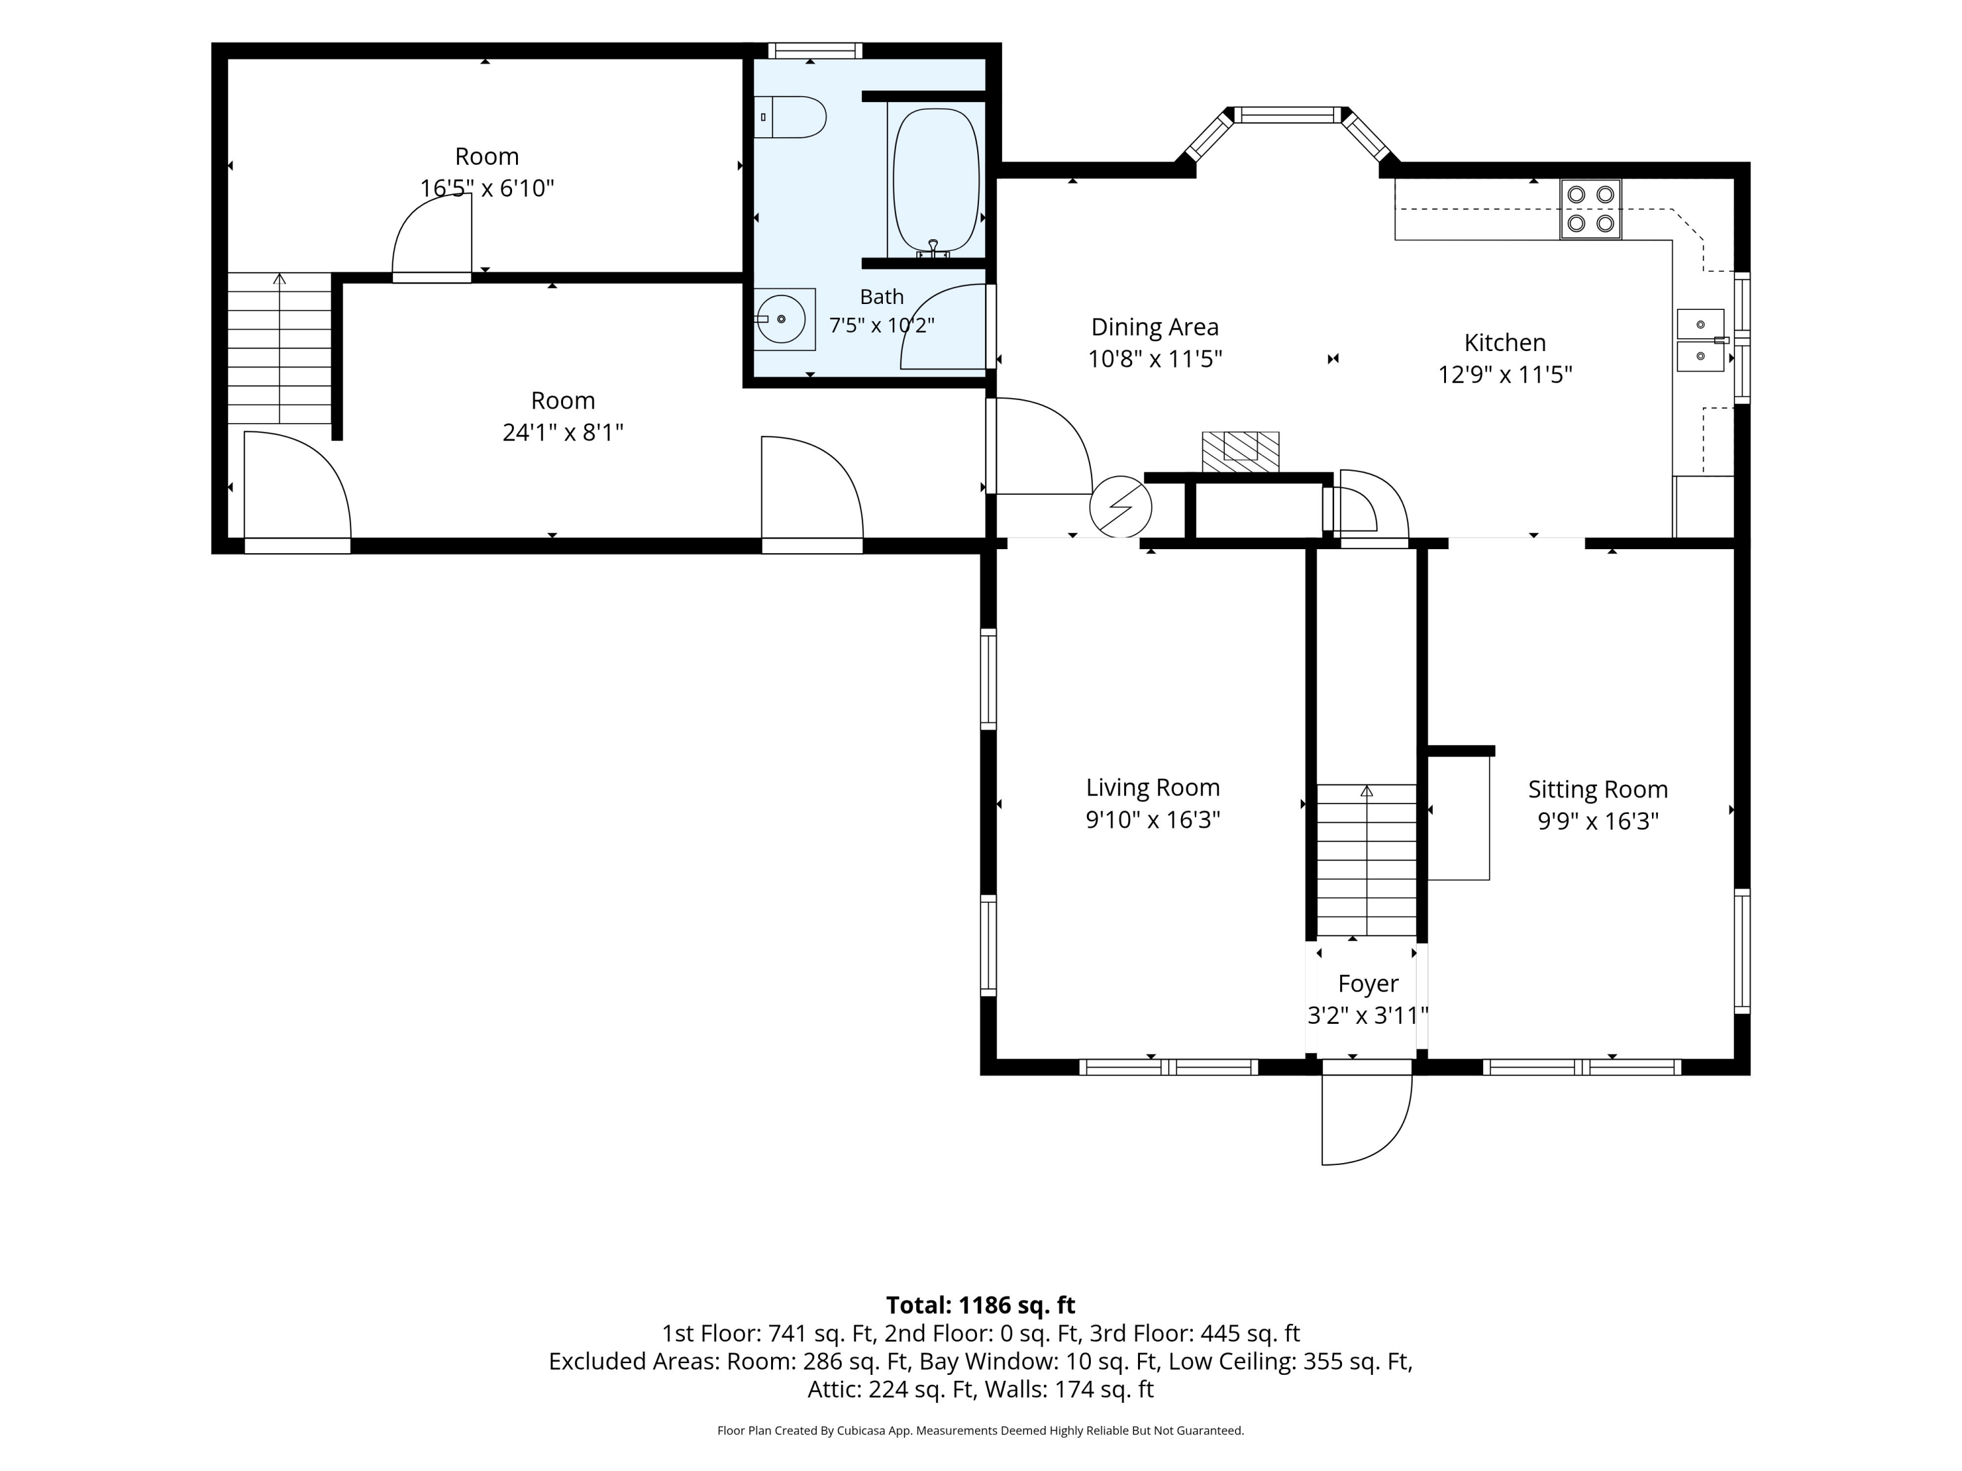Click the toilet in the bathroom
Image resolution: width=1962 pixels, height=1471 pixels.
[789, 117]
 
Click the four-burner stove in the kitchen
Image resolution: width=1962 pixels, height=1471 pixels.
[1591, 209]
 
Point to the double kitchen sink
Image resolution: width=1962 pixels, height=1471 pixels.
[1700, 339]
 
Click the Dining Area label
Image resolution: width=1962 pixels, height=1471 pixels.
[1155, 327]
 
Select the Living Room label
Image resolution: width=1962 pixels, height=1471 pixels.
[1153, 787]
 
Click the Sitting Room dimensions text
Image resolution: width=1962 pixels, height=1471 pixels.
[1598, 821]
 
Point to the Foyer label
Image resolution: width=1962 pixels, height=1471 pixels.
[1368, 983]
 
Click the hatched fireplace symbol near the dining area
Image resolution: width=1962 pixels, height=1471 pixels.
[1240, 451]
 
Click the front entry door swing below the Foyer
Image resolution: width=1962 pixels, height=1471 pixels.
[1366, 1119]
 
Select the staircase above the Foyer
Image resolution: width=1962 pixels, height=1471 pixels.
[1366, 860]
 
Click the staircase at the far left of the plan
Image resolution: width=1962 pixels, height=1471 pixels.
[279, 348]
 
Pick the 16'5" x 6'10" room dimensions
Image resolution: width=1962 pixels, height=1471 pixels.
[487, 189]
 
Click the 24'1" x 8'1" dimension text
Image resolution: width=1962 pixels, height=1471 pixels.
[563, 433]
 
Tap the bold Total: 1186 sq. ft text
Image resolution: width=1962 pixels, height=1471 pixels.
[980, 1305]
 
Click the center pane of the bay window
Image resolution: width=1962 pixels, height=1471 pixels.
[1287, 114]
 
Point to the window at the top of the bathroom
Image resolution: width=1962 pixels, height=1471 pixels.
[814, 50]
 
